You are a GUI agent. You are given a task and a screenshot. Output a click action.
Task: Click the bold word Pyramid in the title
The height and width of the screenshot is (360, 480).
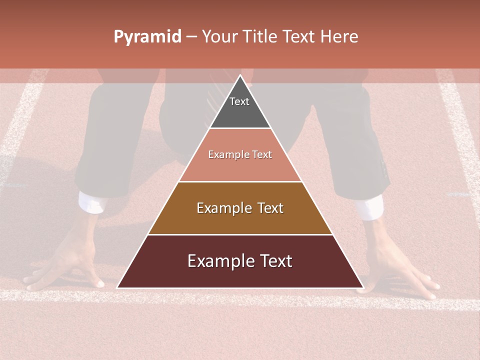[147, 37]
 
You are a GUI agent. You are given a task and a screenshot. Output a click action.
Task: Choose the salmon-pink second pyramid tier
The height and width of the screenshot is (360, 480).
[240, 165]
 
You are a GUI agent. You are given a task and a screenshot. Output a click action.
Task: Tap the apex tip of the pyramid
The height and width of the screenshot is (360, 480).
[240, 76]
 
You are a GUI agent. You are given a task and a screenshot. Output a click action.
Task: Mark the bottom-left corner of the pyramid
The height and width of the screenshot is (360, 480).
[118, 287]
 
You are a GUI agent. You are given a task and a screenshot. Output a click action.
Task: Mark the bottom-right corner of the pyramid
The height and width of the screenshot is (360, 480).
[362, 287]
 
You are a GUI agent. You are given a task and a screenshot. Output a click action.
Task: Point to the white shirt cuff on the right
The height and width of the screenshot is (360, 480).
[370, 207]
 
